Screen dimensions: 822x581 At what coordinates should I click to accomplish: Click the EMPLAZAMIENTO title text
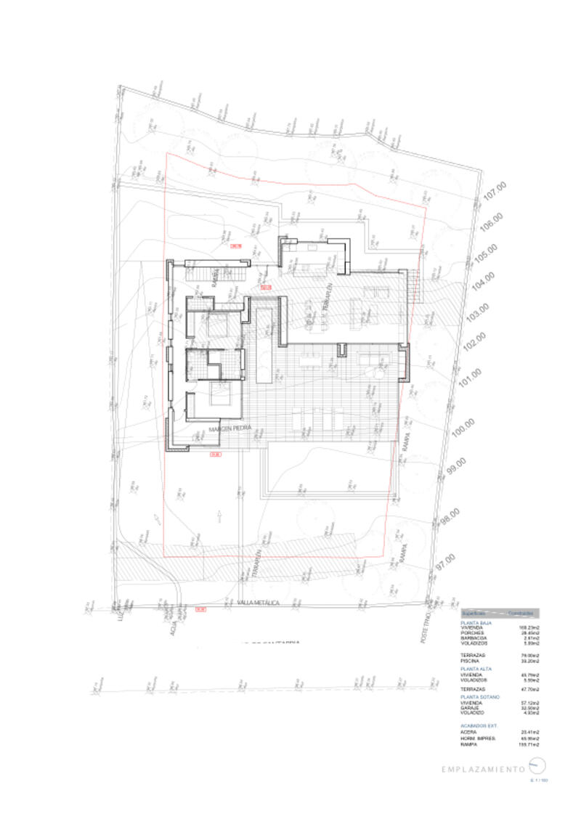[x=483, y=768]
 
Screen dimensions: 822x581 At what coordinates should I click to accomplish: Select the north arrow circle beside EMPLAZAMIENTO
[x=535, y=765]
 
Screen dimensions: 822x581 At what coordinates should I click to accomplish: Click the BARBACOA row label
[x=473, y=638]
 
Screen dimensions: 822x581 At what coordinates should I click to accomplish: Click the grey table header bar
[x=500, y=613]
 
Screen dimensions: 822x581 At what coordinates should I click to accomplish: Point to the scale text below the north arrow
[x=538, y=780]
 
